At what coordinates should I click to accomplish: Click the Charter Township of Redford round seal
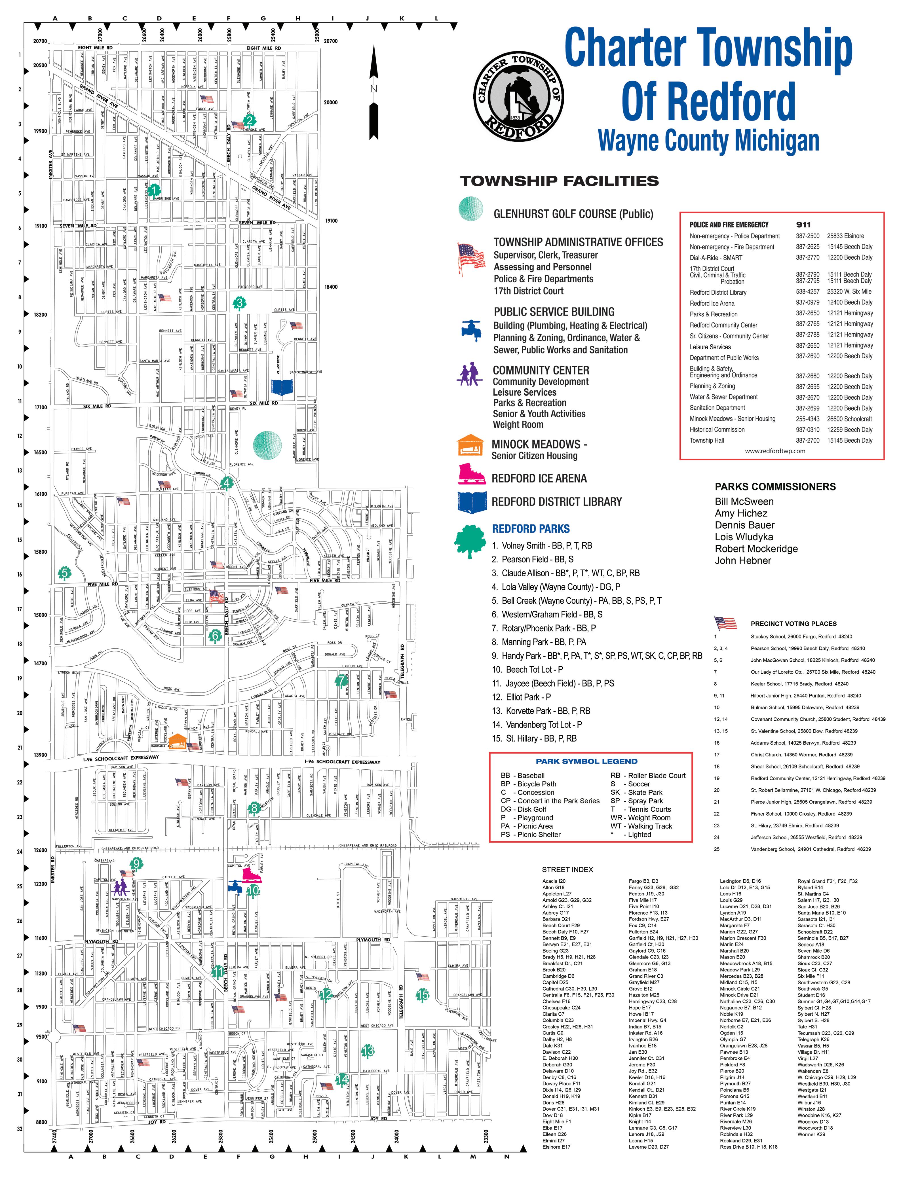518,96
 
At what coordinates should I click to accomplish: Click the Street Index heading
567,869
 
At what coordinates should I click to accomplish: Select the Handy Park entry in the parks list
597,656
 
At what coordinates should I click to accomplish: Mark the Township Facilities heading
559,181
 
